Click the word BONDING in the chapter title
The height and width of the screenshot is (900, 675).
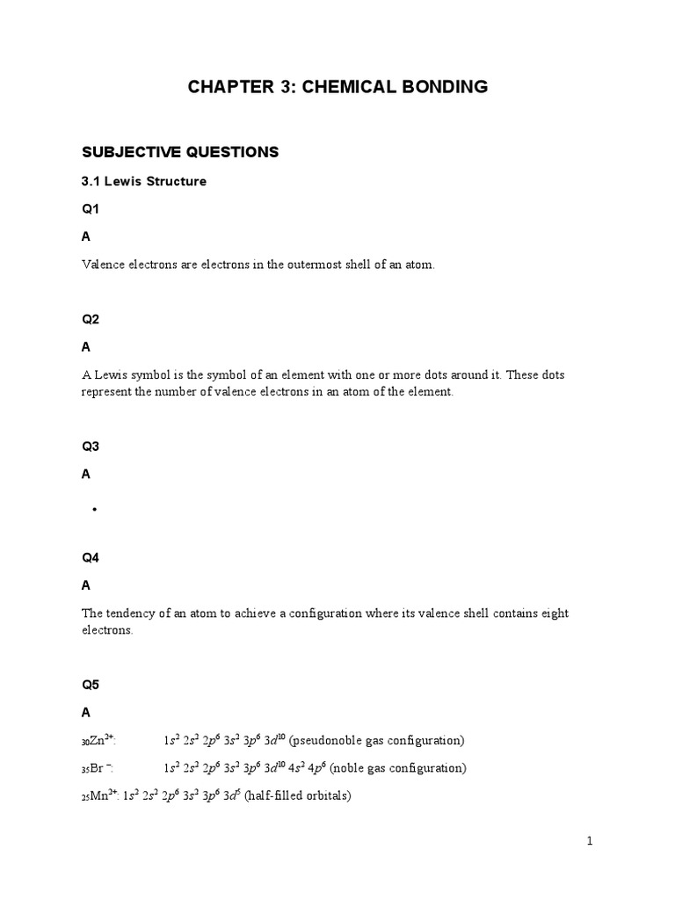point(437,86)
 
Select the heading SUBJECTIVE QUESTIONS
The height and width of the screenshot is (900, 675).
point(180,152)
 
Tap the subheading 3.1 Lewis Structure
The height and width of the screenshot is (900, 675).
point(144,182)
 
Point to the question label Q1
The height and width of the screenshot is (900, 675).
point(91,209)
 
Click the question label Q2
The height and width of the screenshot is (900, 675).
point(91,320)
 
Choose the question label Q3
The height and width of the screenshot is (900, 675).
point(91,446)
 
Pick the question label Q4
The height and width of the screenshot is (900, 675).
point(91,557)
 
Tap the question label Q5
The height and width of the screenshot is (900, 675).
point(91,683)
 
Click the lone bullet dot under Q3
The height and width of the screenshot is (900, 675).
point(93,510)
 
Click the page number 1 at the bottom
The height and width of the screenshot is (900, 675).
point(591,841)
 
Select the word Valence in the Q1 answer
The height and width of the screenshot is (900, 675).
point(102,265)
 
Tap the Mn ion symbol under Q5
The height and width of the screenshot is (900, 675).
point(100,796)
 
